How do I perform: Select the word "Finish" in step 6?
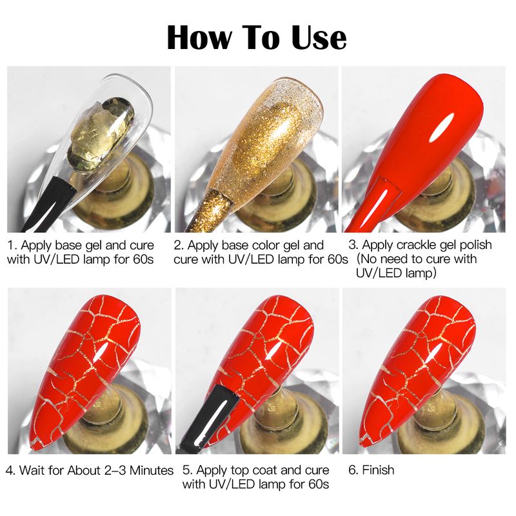pyautogui.click(x=378, y=470)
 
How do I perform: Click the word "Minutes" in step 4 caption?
pyautogui.click(x=152, y=471)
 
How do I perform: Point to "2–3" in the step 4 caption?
pyautogui.click(x=114, y=471)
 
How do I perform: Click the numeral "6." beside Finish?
pyautogui.click(x=353, y=470)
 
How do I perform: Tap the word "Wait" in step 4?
pyautogui.click(x=32, y=471)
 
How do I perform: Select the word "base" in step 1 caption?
pyautogui.click(x=68, y=246)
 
